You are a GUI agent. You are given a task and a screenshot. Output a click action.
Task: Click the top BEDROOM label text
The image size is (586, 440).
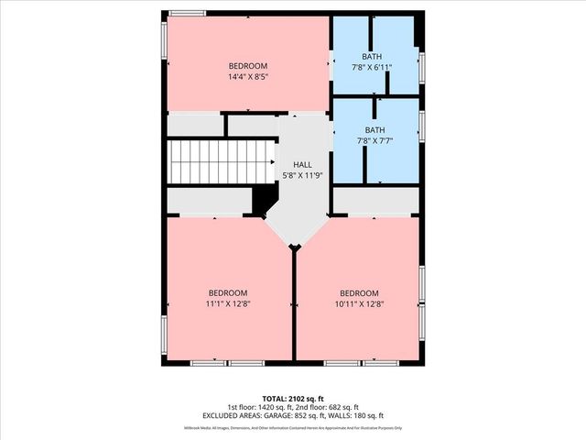[247, 66]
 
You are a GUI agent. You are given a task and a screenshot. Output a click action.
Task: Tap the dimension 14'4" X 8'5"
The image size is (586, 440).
[247, 78]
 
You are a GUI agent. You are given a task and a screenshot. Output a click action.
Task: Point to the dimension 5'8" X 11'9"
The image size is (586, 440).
[302, 175]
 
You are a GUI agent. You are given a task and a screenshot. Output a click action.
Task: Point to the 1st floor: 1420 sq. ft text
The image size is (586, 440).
[262, 408]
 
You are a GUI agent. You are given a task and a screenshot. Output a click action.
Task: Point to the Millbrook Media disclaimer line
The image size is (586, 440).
[293, 429]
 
